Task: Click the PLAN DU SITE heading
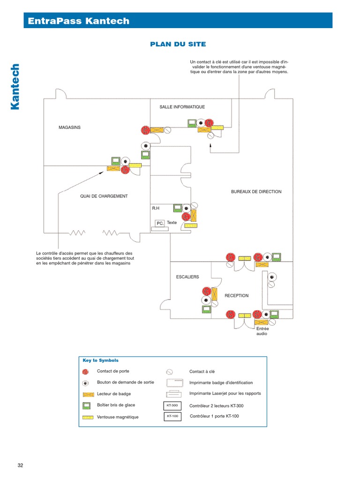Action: coord(178,44)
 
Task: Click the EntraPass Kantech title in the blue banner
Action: coord(79,21)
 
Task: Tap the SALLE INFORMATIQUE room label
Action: coord(182,107)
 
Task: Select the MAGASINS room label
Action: coord(69,127)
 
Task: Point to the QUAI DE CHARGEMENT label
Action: coord(104,196)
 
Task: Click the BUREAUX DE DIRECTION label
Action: coord(256,192)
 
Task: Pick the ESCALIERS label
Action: coord(187,277)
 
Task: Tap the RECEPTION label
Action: coord(236,296)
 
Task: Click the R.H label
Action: coord(156,207)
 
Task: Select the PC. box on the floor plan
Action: coord(160,224)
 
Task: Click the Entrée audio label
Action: coord(262,331)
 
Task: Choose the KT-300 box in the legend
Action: coord(172,405)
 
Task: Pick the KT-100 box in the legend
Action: coord(172,416)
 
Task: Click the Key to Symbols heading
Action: coord(100,360)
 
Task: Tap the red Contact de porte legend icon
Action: coord(85,372)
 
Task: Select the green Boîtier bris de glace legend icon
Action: coord(86,405)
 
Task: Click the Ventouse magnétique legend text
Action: coord(118,417)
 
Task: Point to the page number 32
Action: coord(20,465)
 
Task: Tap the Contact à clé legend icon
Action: coord(170,372)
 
